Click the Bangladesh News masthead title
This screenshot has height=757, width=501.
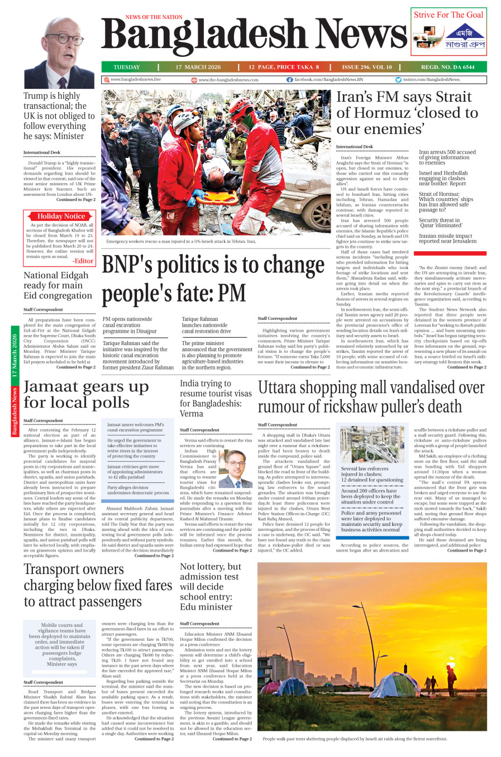click(x=254, y=36)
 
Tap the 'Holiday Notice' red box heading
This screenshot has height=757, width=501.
click(x=61, y=216)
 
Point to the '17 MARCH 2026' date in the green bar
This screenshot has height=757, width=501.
click(x=198, y=67)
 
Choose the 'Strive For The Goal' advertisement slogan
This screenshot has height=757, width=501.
click(x=448, y=15)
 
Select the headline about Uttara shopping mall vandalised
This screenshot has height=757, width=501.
click(x=371, y=396)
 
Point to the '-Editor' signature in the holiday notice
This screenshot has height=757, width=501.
click(x=83, y=261)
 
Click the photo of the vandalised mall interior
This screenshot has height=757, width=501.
click(x=371, y=444)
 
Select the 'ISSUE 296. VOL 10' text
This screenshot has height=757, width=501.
click(x=367, y=67)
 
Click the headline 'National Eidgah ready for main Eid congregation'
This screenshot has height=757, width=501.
click(x=58, y=285)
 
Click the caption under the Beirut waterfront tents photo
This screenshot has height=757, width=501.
click(x=355, y=739)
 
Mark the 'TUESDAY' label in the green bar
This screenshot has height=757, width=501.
click(x=127, y=67)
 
